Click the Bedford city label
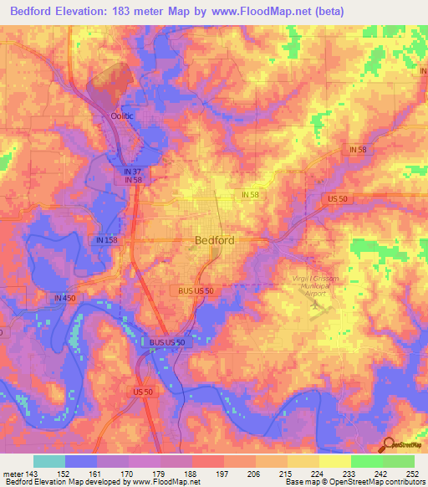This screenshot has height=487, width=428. [214, 239]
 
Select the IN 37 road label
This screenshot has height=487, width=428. [124, 170]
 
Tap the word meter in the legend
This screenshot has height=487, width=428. [13, 473]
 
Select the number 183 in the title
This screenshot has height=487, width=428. [139, 12]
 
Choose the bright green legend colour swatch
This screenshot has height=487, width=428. [366, 461]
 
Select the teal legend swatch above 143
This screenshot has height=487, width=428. [49, 461]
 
